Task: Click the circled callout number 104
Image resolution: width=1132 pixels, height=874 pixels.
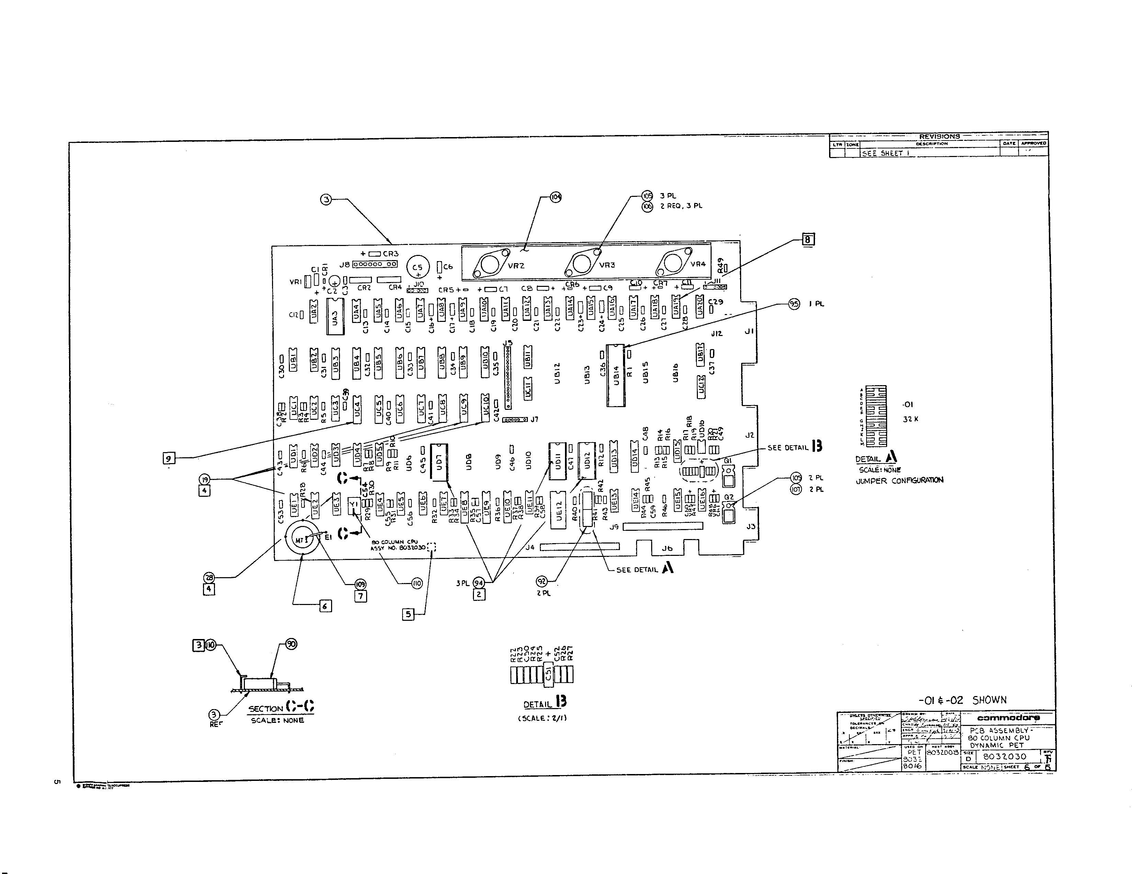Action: click(556, 197)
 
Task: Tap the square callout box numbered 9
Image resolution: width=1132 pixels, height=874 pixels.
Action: click(168, 458)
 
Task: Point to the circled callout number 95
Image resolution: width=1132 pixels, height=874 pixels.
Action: click(794, 304)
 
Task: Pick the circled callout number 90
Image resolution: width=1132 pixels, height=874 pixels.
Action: click(291, 645)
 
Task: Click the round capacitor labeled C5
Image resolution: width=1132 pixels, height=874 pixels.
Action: click(418, 268)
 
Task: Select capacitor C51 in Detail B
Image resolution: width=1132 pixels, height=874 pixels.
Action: click(548, 674)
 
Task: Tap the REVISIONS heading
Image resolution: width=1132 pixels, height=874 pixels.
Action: click(939, 136)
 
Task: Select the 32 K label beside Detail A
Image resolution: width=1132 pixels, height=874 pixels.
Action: click(911, 419)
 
